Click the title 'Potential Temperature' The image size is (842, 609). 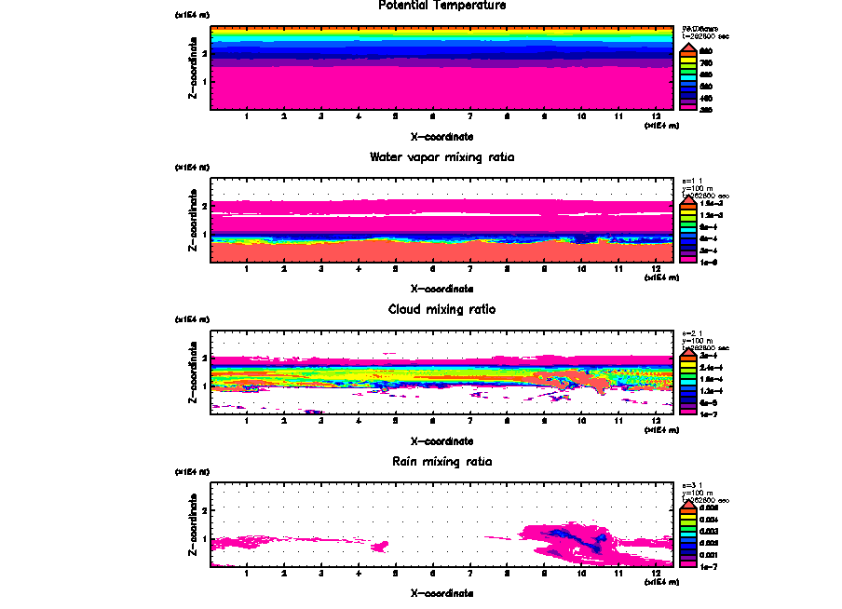pos(442,6)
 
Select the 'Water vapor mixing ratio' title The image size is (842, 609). pos(442,156)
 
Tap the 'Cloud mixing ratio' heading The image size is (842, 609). pos(442,309)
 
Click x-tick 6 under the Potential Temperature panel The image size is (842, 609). pos(432,117)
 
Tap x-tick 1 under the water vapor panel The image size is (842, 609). pos(247,269)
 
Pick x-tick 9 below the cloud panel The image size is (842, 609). pos(544,422)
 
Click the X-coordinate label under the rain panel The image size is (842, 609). pos(442,592)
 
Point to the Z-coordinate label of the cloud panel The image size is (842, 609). pos(193,372)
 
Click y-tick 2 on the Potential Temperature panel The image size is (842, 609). pos(204,54)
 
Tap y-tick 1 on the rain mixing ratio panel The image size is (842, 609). pos(204,538)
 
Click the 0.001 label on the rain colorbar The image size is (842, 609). pos(708,554)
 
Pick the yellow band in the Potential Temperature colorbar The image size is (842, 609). pos(688,62)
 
